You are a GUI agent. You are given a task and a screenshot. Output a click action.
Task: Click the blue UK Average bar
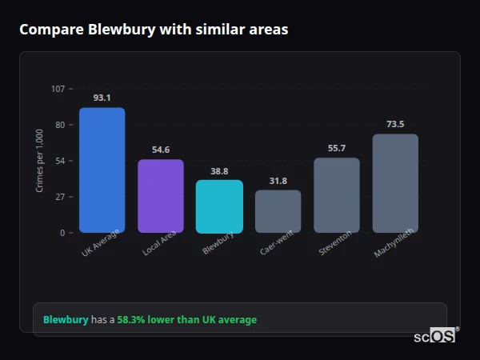[x=102, y=170]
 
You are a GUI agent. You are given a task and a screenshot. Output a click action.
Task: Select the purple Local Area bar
[x=160, y=196]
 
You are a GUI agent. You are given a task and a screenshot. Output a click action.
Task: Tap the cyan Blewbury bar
[x=219, y=206]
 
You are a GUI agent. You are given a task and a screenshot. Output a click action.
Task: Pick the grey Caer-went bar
[x=278, y=211]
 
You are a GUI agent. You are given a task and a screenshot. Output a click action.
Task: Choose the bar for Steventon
[x=336, y=195]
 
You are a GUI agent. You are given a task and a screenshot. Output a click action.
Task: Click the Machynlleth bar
[x=395, y=183]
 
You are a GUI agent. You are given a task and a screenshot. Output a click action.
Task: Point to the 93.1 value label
[x=102, y=98]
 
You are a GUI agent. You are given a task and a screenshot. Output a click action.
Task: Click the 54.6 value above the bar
[x=160, y=150]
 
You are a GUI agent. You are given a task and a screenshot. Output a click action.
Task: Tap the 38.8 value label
[x=219, y=171]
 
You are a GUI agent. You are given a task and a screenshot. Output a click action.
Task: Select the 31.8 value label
[x=278, y=181]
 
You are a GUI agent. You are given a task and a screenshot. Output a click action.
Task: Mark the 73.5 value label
[x=395, y=124]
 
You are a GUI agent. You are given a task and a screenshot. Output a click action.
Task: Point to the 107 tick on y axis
[x=58, y=89]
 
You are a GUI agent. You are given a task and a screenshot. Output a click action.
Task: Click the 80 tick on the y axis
[x=60, y=125]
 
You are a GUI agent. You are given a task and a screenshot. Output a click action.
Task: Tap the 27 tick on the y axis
[x=60, y=197]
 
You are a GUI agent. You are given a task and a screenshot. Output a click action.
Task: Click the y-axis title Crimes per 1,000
[x=39, y=161]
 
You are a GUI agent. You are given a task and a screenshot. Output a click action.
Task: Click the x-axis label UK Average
[x=101, y=245]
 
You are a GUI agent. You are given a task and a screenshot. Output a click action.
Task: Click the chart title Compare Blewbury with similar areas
[x=154, y=30]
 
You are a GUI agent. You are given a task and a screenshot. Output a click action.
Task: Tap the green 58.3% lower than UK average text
[x=187, y=320]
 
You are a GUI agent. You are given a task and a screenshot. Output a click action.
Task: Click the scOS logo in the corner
[x=435, y=336]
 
